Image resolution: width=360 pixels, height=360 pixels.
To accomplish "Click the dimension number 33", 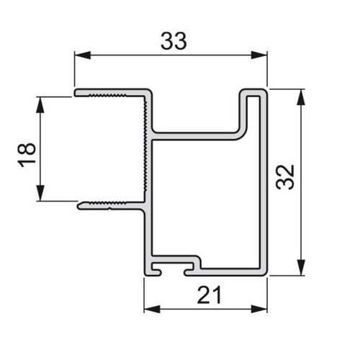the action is [x=174, y=41].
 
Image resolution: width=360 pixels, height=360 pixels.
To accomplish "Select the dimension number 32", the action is [x=285, y=177].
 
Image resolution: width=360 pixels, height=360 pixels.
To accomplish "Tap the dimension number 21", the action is [x=209, y=294].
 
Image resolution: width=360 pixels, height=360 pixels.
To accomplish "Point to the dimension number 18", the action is [x=27, y=155].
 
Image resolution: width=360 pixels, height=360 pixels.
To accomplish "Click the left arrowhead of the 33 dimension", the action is [x=83, y=55].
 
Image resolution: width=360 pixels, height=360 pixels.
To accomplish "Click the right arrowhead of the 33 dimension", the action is [x=259, y=55].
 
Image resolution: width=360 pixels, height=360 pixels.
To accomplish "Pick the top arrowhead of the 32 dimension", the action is [x=301, y=97].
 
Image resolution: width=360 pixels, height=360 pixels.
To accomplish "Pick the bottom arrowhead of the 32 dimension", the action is [x=301, y=267].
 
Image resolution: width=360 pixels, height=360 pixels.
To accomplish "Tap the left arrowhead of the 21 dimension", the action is [x=152, y=309].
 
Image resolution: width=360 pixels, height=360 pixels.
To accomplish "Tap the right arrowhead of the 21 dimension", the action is [x=259, y=309].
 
